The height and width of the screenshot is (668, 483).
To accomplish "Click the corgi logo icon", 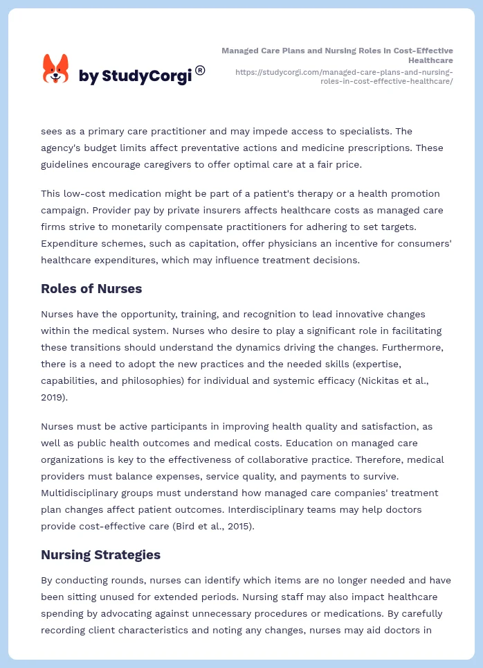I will pyautogui.click(x=56, y=69).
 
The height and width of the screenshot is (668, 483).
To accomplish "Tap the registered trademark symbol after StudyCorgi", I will pyautogui.click(x=200, y=70).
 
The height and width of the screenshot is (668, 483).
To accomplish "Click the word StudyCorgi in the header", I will pyautogui.click(x=146, y=76).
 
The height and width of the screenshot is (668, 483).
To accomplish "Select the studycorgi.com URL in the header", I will pyautogui.click(x=344, y=76).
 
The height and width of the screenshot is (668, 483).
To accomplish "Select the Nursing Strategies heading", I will pyautogui.click(x=100, y=554).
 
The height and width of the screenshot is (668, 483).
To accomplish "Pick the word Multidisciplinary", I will pyautogui.click(x=84, y=493).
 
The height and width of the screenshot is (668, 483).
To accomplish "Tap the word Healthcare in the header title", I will pyautogui.click(x=431, y=60).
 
